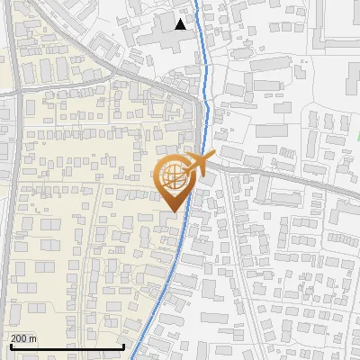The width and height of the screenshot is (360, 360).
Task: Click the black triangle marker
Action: (181, 24)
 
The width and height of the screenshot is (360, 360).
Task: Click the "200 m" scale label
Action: (23, 338)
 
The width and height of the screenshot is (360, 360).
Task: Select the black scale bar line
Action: (67, 347)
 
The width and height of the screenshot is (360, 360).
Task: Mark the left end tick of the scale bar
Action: (11, 346)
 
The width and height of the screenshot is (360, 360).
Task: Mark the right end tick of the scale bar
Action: (123, 346)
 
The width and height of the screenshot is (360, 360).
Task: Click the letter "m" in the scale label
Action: (32, 338)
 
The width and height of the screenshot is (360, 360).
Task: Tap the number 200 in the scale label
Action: (19, 338)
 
